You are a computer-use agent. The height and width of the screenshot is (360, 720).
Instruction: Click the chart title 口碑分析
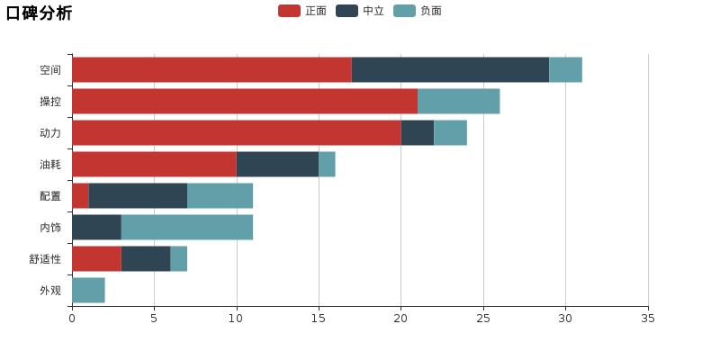tap(39, 13)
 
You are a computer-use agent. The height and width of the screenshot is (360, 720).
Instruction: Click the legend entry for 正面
tap(302, 11)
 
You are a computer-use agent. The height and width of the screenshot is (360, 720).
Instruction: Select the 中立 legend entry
tap(360, 11)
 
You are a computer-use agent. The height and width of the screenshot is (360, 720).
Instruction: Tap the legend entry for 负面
tap(418, 11)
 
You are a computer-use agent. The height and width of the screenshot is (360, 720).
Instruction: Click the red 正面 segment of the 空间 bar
tap(211, 69)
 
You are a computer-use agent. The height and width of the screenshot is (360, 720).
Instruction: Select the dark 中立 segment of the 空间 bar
tap(450, 69)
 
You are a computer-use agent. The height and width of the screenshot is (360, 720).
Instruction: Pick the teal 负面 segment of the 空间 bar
tap(565, 69)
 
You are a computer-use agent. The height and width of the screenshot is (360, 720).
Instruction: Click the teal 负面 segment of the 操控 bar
tap(458, 101)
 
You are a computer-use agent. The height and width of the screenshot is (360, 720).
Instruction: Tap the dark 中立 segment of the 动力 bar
tap(418, 132)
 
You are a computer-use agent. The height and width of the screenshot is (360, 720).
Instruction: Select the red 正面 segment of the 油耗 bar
tap(154, 164)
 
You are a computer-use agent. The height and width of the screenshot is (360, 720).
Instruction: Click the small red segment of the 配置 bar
tap(80, 195)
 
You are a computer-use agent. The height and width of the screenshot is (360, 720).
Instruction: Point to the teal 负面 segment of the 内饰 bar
tap(187, 227)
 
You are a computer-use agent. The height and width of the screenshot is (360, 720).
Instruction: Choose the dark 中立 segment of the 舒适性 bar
tap(146, 258)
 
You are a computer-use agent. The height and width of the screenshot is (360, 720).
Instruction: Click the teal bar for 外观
tap(88, 290)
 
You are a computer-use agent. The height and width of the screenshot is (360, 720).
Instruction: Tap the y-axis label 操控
tap(50, 102)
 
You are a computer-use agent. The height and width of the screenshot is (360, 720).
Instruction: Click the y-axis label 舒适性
tap(45, 259)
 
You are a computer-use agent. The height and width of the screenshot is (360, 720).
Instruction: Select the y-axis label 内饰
tap(50, 228)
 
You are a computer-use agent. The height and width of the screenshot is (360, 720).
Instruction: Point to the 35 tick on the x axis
tap(648, 318)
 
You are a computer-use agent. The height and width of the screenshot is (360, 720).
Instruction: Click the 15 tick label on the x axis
tap(319, 318)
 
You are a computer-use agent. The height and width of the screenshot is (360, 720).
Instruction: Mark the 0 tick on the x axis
tap(72, 318)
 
